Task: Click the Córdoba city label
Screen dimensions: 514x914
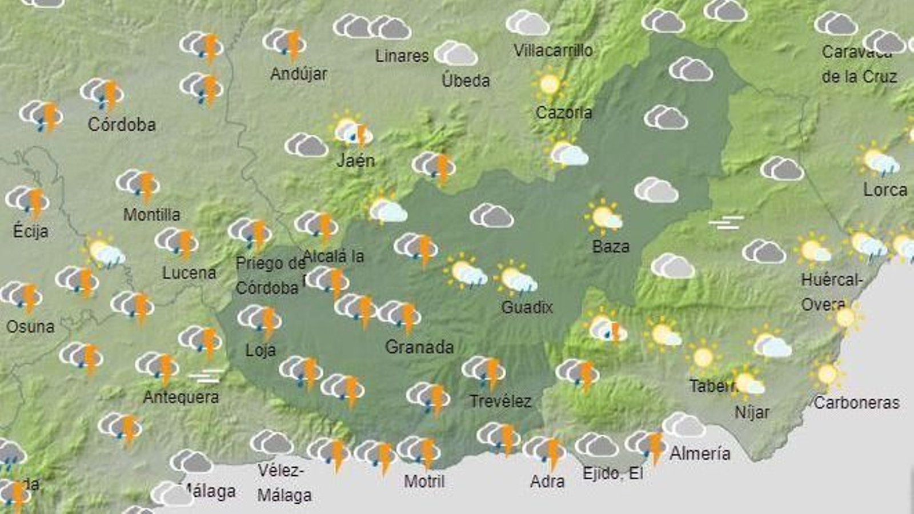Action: [x=122, y=125]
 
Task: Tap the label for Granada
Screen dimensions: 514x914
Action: [x=419, y=347]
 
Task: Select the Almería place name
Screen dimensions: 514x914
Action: [x=700, y=453]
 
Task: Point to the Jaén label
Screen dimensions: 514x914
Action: [x=355, y=160]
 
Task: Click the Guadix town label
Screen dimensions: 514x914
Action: [x=527, y=307]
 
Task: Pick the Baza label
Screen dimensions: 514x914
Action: [x=611, y=247]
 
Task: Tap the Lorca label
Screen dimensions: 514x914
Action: [x=885, y=190]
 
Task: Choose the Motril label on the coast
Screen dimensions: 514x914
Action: [x=424, y=481]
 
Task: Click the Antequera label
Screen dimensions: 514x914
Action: [x=181, y=397]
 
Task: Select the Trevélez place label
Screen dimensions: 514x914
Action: [x=500, y=401]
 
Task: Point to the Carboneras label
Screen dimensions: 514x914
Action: [x=856, y=403]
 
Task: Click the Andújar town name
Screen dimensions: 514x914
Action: [x=299, y=74]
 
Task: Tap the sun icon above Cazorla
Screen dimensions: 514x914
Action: [x=550, y=85]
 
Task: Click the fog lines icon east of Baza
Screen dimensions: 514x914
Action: [x=726, y=222]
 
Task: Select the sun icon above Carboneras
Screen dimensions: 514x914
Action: [x=827, y=375]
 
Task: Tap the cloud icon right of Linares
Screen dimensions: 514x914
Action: [x=456, y=54]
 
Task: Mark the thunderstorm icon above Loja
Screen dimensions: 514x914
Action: [x=260, y=319]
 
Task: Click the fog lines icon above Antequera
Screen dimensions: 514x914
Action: [x=206, y=376]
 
